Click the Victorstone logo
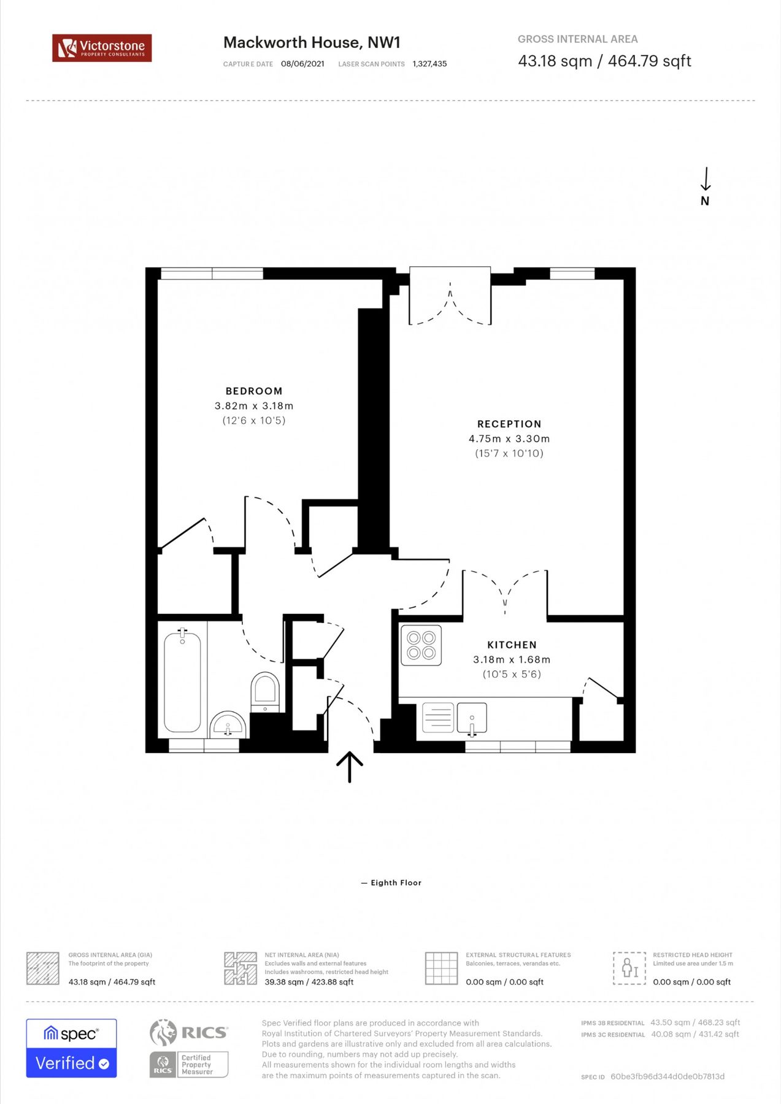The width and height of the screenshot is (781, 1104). (x=102, y=48)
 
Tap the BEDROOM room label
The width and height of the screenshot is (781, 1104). (x=254, y=391)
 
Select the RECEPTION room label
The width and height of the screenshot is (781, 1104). (x=509, y=424)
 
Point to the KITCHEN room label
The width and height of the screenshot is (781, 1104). (x=512, y=645)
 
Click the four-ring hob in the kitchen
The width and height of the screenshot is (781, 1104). (x=421, y=645)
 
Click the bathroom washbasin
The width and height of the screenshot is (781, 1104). (x=228, y=726)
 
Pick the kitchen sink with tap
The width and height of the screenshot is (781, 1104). (x=471, y=718)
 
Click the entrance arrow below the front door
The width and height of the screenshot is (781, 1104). (x=350, y=767)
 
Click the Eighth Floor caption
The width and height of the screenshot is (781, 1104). (x=396, y=883)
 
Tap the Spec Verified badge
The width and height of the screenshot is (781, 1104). (x=71, y=1048)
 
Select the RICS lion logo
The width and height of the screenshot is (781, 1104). (x=163, y=1032)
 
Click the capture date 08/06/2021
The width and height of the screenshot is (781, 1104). (x=302, y=64)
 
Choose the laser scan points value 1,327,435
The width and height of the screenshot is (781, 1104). (x=429, y=64)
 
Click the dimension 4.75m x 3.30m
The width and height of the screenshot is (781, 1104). (x=509, y=439)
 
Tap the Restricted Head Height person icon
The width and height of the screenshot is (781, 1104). (x=629, y=968)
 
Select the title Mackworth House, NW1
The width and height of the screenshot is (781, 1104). (x=312, y=42)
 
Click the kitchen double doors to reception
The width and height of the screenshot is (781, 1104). (x=505, y=589)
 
